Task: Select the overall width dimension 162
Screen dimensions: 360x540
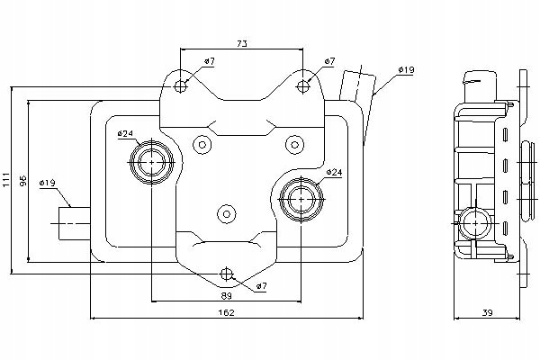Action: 226,312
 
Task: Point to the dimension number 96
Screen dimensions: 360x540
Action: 23,180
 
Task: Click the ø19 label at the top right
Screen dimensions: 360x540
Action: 405,69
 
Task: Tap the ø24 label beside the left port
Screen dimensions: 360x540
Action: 125,134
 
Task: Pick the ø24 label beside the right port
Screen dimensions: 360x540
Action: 333,172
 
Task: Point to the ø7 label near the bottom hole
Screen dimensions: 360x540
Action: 262,285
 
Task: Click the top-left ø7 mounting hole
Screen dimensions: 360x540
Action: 182,85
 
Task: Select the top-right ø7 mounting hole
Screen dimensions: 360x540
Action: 303,85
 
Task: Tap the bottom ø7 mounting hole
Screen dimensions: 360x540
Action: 227,274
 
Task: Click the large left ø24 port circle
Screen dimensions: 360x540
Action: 150,163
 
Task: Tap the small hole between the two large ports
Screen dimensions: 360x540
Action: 227,214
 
